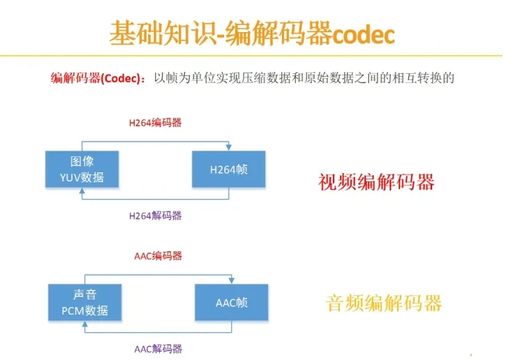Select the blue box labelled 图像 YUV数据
[82, 169]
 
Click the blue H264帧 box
[228, 170]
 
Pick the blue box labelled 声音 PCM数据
[84, 302]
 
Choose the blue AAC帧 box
[232, 303]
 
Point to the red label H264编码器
[155, 123]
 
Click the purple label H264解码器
[155, 216]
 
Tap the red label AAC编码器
[158, 256]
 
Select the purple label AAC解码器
[158, 348]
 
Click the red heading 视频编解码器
[376, 182]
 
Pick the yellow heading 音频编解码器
[384, 303]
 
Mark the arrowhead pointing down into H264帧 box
[228, 147]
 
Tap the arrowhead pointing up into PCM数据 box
[84, 325]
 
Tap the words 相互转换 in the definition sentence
[409, 77]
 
